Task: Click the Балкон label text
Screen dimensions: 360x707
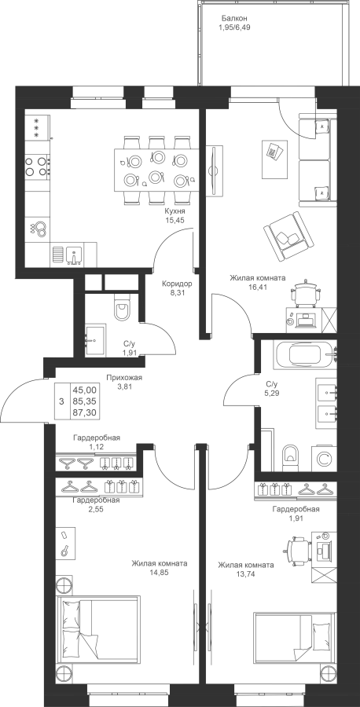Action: click(x=234, y=19)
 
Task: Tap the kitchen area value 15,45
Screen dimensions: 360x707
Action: click(x=175, y=220)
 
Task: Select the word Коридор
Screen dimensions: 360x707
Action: click(x=178, y=284)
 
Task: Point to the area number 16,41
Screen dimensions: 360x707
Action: click(x=257, y=287)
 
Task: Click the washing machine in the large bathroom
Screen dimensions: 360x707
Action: click(x=324, y=458)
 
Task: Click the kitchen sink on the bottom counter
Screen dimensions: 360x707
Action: click(x=74, y=255)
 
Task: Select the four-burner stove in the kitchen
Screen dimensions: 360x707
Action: click(x=37, y=166)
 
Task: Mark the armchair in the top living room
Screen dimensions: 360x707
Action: click(x=288, y=236)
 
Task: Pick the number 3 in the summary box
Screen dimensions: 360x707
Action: click(x=62, y=401)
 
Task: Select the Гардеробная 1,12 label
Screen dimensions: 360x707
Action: click(x=97, y=441)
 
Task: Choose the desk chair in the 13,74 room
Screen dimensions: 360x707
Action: click(x=299, y=548)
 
